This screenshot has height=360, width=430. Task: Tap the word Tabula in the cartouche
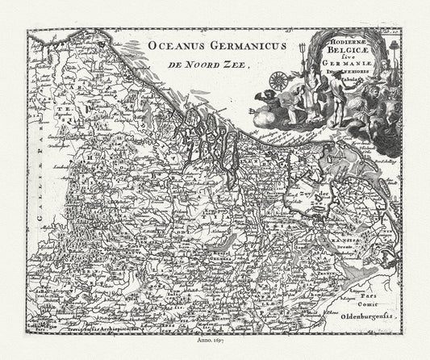(357, 90)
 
